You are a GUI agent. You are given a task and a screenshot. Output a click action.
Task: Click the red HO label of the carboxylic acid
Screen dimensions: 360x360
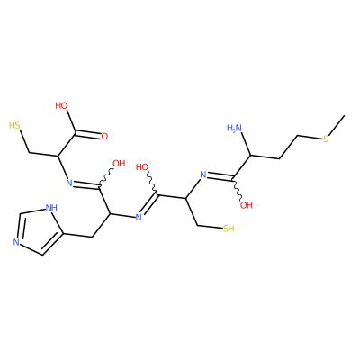point(61,105)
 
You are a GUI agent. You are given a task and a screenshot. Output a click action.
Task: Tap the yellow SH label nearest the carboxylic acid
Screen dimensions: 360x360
point(14,125)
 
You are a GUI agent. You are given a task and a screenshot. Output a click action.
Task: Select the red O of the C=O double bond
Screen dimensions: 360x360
point(104,137)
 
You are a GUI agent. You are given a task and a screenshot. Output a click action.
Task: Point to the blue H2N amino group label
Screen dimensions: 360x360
point(234,129)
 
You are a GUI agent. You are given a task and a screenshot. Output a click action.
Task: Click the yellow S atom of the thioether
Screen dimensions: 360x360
point(327,139)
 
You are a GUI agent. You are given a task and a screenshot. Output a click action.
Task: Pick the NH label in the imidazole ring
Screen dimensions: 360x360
point(51,208)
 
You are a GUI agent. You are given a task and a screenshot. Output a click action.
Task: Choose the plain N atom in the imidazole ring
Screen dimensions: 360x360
point(16,242)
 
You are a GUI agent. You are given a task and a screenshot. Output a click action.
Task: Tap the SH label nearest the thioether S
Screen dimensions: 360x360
point(229,229)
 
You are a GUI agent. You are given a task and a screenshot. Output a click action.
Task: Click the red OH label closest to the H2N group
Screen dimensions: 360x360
point(247,205)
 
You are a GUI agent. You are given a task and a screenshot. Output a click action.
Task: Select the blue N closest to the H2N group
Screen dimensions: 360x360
point(203,175)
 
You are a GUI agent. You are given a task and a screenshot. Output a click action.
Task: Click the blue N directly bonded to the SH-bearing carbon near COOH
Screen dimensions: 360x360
point(69,183)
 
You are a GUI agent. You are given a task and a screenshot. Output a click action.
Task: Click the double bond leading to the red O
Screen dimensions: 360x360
point(87,135)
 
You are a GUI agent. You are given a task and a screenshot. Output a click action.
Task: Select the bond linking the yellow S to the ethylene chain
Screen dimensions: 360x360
point(310,138)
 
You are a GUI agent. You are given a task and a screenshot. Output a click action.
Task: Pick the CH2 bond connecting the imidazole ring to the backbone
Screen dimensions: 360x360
point(76,235)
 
